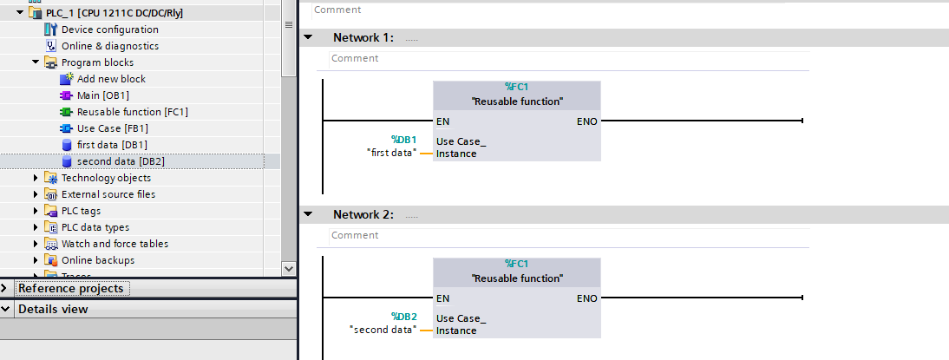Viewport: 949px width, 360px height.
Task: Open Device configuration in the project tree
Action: click(109, 29)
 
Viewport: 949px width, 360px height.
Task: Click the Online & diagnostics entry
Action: click(109, 46)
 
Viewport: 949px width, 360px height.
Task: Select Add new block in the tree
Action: click(111, 79)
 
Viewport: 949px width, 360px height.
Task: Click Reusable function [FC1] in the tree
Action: click(132, 112)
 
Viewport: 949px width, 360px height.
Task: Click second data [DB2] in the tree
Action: click(120, 161)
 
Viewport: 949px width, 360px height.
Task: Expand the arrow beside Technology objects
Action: click(36, 178)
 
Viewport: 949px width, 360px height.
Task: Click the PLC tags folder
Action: click(81, 211)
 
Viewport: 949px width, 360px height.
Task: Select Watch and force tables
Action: click(115, 244)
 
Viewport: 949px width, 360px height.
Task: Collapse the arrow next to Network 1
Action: click(308, 38)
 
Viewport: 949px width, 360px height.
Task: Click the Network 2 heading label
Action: click(363, 214)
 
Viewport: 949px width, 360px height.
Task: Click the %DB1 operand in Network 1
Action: click(403, 140)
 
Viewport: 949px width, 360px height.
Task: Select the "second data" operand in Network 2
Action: click(383, 330)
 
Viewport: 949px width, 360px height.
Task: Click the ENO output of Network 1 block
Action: click(586, 121)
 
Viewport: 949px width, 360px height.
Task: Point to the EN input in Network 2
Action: click(442, 298)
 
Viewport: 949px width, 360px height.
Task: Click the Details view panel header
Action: click(53, 309)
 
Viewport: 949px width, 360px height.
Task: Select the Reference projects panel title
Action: click(70, 288)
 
